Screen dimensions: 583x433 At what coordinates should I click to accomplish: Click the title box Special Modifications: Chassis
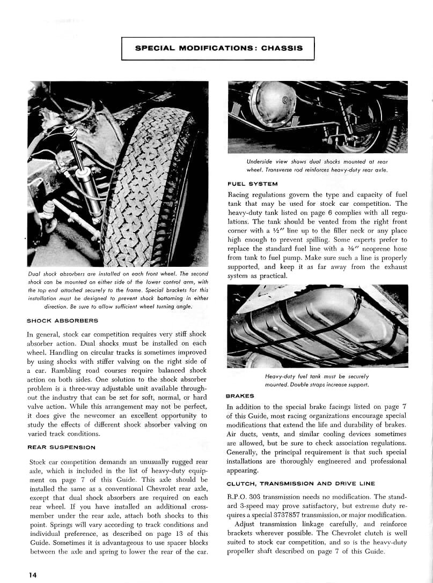(x=218, y=48)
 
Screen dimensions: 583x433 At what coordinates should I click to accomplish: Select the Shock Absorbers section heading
(x=62, y=321)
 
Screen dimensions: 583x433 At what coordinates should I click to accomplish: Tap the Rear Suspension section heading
(x=61, y=447)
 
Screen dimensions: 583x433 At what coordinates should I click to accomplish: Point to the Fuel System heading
(x=253, y=184)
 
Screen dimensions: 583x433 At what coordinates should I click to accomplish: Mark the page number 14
(x=33, y=575)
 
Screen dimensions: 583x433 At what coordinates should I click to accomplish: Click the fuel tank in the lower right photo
(x=317, y=327)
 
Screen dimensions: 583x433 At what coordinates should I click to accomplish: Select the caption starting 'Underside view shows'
(x=317, y=166)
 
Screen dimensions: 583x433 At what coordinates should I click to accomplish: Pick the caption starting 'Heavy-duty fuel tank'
(x=317, y=380)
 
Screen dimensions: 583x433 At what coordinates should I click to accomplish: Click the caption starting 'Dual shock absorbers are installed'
(x=117, y=290)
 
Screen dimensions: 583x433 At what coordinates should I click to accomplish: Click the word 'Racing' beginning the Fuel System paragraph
(x=240, y=195)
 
